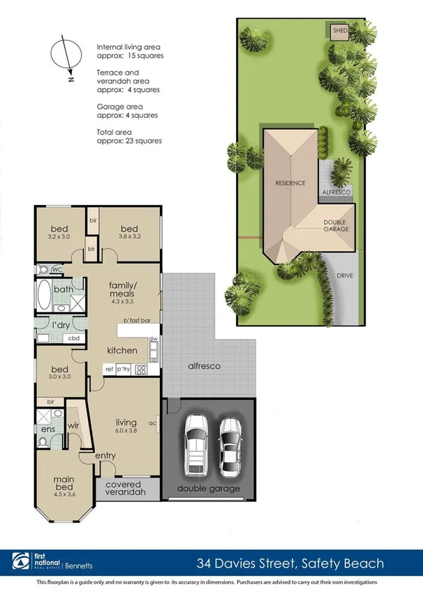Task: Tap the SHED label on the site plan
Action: click(x=339, y=31)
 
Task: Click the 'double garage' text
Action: click(x=207, y=488)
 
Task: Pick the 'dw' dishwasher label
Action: click(x=153, y=339)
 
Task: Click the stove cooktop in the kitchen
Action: click(x=143, y=369)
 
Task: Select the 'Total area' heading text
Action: click(x=114, y=131)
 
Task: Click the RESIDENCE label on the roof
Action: click(x=290, y=183)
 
